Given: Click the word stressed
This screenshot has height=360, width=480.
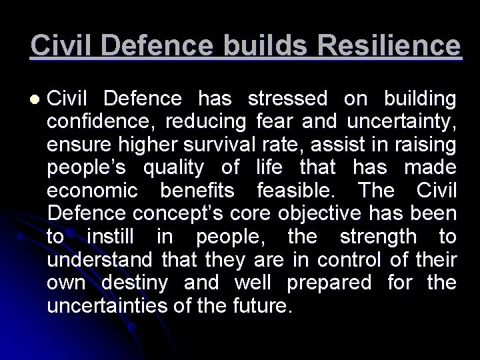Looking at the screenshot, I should (287, 99).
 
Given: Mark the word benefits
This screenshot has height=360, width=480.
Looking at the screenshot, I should (198, 192).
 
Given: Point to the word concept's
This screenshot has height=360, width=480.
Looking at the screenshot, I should (173, 215).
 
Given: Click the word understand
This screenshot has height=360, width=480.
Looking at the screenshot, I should (98, 260).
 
